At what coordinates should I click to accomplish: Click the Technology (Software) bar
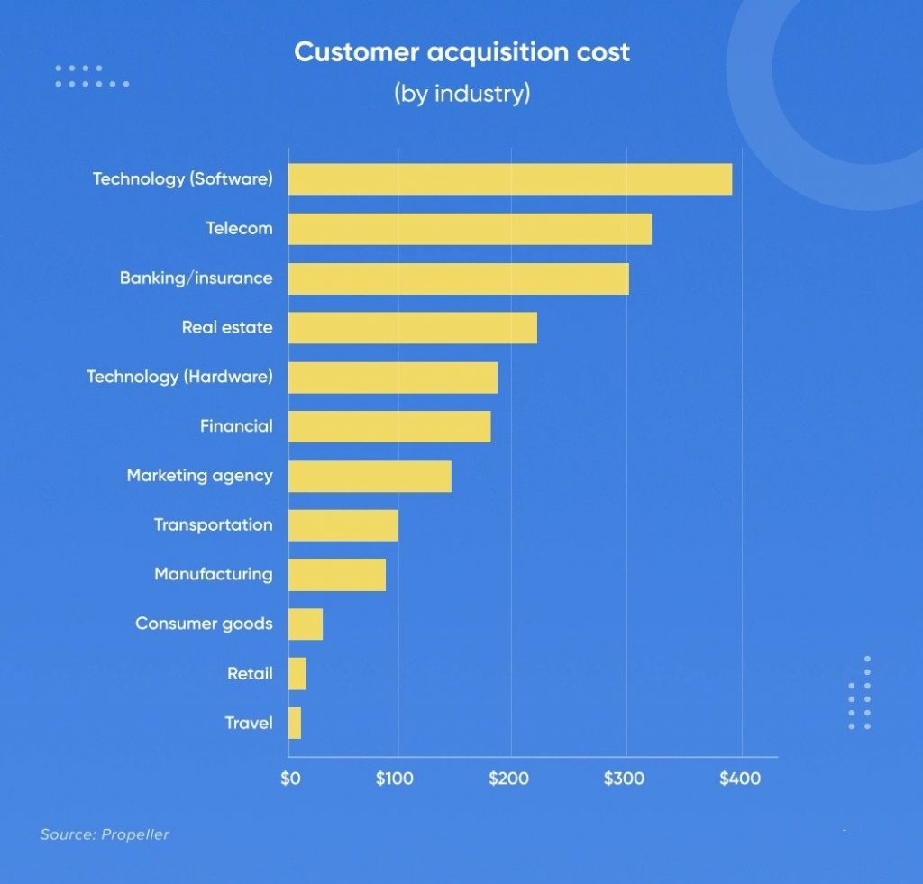tap(510, 179)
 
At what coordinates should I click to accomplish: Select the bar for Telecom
tap(470, 229)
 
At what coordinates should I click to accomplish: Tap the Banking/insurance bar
tap(459, 278)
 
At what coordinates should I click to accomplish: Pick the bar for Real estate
tap(413, 328)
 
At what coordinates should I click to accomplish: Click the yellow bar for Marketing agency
tap(370, 476)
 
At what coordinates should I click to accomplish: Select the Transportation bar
tap(343, 525)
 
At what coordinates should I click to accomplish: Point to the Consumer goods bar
tap(306, 624)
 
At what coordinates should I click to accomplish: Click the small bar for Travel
tap(295, 723)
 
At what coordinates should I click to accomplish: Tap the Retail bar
tap(297, 673)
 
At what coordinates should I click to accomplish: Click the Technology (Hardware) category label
tap(179, 377)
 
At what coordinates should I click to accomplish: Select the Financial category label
tap(236, 426)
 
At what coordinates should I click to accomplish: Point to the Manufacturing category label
tap(213, 574)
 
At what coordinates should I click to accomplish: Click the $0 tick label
tap(289, 779)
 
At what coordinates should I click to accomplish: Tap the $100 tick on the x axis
tap(394, 779)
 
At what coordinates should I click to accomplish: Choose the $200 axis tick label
tap(508, 779)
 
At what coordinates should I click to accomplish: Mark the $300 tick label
tap(624, 779)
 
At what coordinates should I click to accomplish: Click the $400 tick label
tap(739, 779)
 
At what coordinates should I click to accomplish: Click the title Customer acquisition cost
tap(461, 52)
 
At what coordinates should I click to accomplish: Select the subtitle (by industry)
tap(461, 94)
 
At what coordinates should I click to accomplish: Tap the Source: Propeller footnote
tap(105, 834)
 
